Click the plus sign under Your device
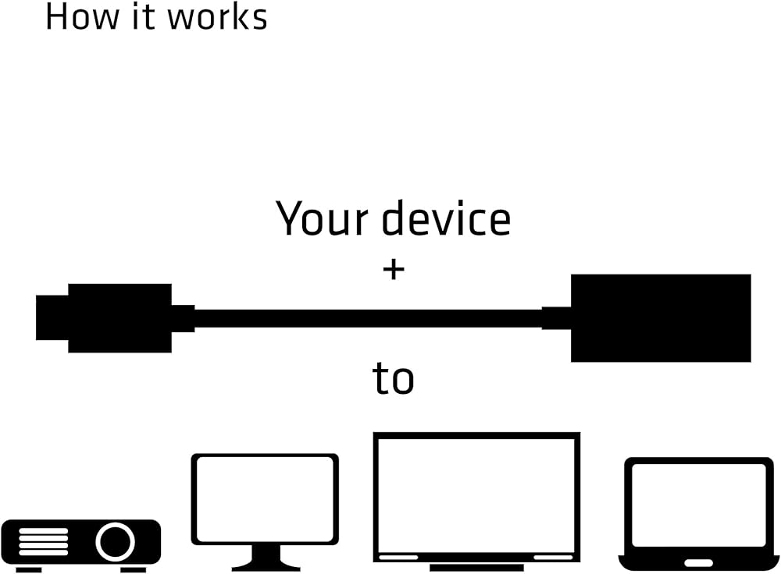[x=394, y=270]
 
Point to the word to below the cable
[x=393, y=379]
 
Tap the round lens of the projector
[x=116, y=540]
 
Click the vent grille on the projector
[x=45, y=540]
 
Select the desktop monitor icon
[x=265, y=500]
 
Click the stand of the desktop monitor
[x=265, y=558]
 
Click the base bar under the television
[x=476, y=566]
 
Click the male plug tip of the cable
[x=52, y=318]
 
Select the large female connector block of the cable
[x=661, y=318]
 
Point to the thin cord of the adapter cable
[x=367, y=318]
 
